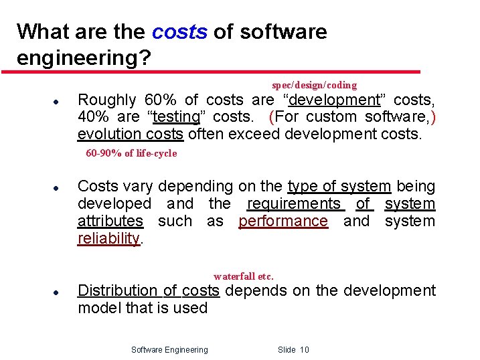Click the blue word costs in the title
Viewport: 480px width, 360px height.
pyautogui.click(x=179, y=31)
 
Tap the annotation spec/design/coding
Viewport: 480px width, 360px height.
pyautogui.click(x=314, y=85)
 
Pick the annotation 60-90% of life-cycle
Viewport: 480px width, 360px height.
pyautogui.click(x=131, y=153)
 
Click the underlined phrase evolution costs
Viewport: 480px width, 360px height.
pyautogui.click(x=131, y=134)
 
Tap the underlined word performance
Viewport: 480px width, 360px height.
pyautogui.click(x=283, y=221)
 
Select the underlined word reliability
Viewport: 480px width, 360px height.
pyautogui.click(x=108, y=238)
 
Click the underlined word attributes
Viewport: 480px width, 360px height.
pyautogui.click(x=110, y=221)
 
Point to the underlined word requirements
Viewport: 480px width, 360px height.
pyautogui.click(x=294, y=203)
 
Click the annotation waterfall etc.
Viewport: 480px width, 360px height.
pyautogui.click(x=244, y=276)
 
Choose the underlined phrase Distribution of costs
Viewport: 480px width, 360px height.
pyautogui.click(x=149, y=290)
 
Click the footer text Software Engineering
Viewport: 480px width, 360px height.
pyautogui.click(x=169, y=349)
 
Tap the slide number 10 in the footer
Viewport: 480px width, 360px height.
pyautogui.click(x=304, y=349)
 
